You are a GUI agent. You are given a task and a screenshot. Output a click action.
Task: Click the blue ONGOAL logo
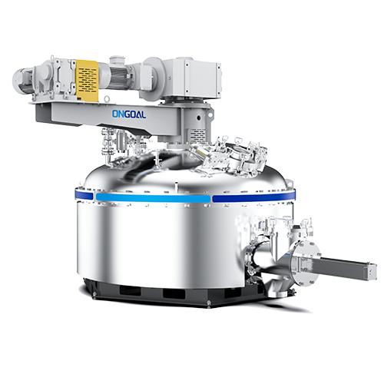tap(129, 114)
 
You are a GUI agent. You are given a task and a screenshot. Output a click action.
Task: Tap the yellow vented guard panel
tap(87, 81)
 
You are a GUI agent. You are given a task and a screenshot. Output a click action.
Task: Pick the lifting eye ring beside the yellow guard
tap(107, 98)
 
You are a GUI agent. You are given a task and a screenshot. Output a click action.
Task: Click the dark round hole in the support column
tap(198, 118)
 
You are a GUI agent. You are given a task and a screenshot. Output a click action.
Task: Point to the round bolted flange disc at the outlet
tap(306, 263)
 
